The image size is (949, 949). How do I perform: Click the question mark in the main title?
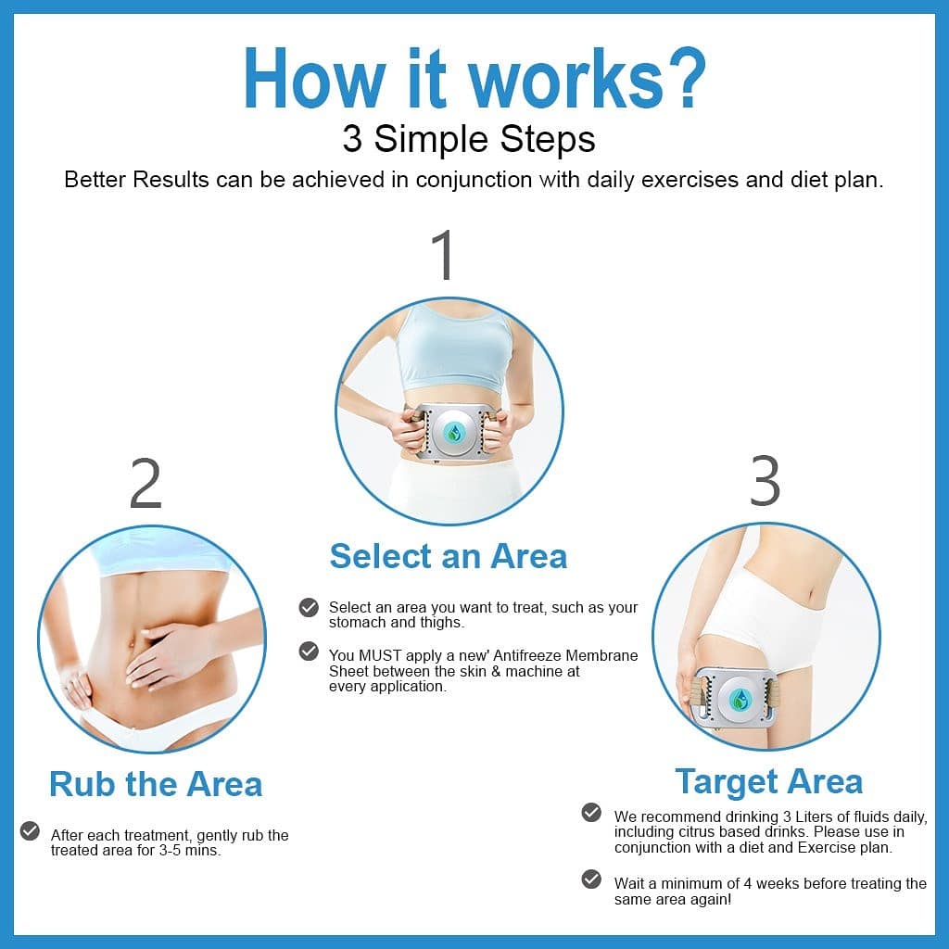pos(682,79)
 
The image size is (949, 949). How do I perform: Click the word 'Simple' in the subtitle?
pos(432,139)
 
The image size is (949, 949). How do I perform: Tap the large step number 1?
pos(445,255)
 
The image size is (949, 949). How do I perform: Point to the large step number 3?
pos(765,481)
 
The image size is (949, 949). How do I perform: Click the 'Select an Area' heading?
pos(449,556)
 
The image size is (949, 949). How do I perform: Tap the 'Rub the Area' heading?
pos(156,784)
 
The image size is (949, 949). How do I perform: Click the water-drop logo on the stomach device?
pos(454,433)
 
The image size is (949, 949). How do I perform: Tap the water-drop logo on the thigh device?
pos(739,700)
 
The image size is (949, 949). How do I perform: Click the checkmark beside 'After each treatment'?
pos(30,831)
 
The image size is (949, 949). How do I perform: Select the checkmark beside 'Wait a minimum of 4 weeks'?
pos(591,879)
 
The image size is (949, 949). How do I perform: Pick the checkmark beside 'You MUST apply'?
pos(309,652)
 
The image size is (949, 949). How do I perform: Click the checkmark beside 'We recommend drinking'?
pos(591,812)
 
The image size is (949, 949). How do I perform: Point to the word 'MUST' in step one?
pos(380,655)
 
